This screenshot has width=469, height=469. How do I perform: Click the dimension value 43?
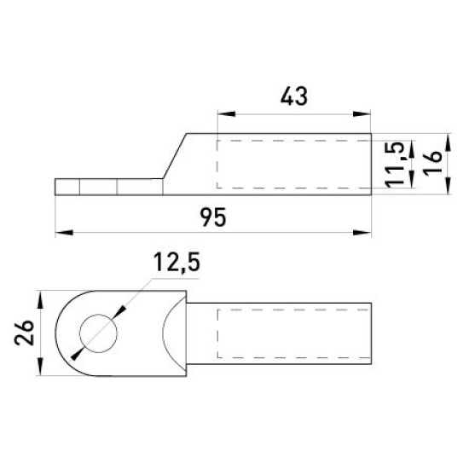click(293, 96)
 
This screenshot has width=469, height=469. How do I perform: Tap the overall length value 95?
click(213, 217)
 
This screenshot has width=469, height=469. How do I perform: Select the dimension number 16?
click(432, 163)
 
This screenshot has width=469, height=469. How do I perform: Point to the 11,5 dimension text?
click(396, 165)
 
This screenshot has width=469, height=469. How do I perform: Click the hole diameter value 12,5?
click(177, 263)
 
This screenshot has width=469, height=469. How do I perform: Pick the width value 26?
click(25, 333)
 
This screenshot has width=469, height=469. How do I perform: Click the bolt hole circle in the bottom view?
click(98, 333)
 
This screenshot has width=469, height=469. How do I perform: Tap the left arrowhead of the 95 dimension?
click(64, 233)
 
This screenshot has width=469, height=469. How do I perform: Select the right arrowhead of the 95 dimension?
click(362, 233)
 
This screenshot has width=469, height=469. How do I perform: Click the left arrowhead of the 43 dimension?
click(227, 114)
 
